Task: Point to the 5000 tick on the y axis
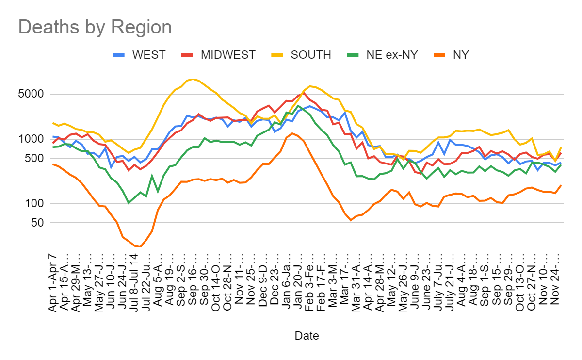coord(31,95)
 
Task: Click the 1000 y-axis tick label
coord(31,139)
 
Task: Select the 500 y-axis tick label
coord(33,159)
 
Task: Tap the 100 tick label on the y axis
coord(33,203)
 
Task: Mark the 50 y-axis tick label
coord(36,223)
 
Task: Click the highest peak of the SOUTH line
coord(193,79)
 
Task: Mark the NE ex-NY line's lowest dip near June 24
coord(129,203)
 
